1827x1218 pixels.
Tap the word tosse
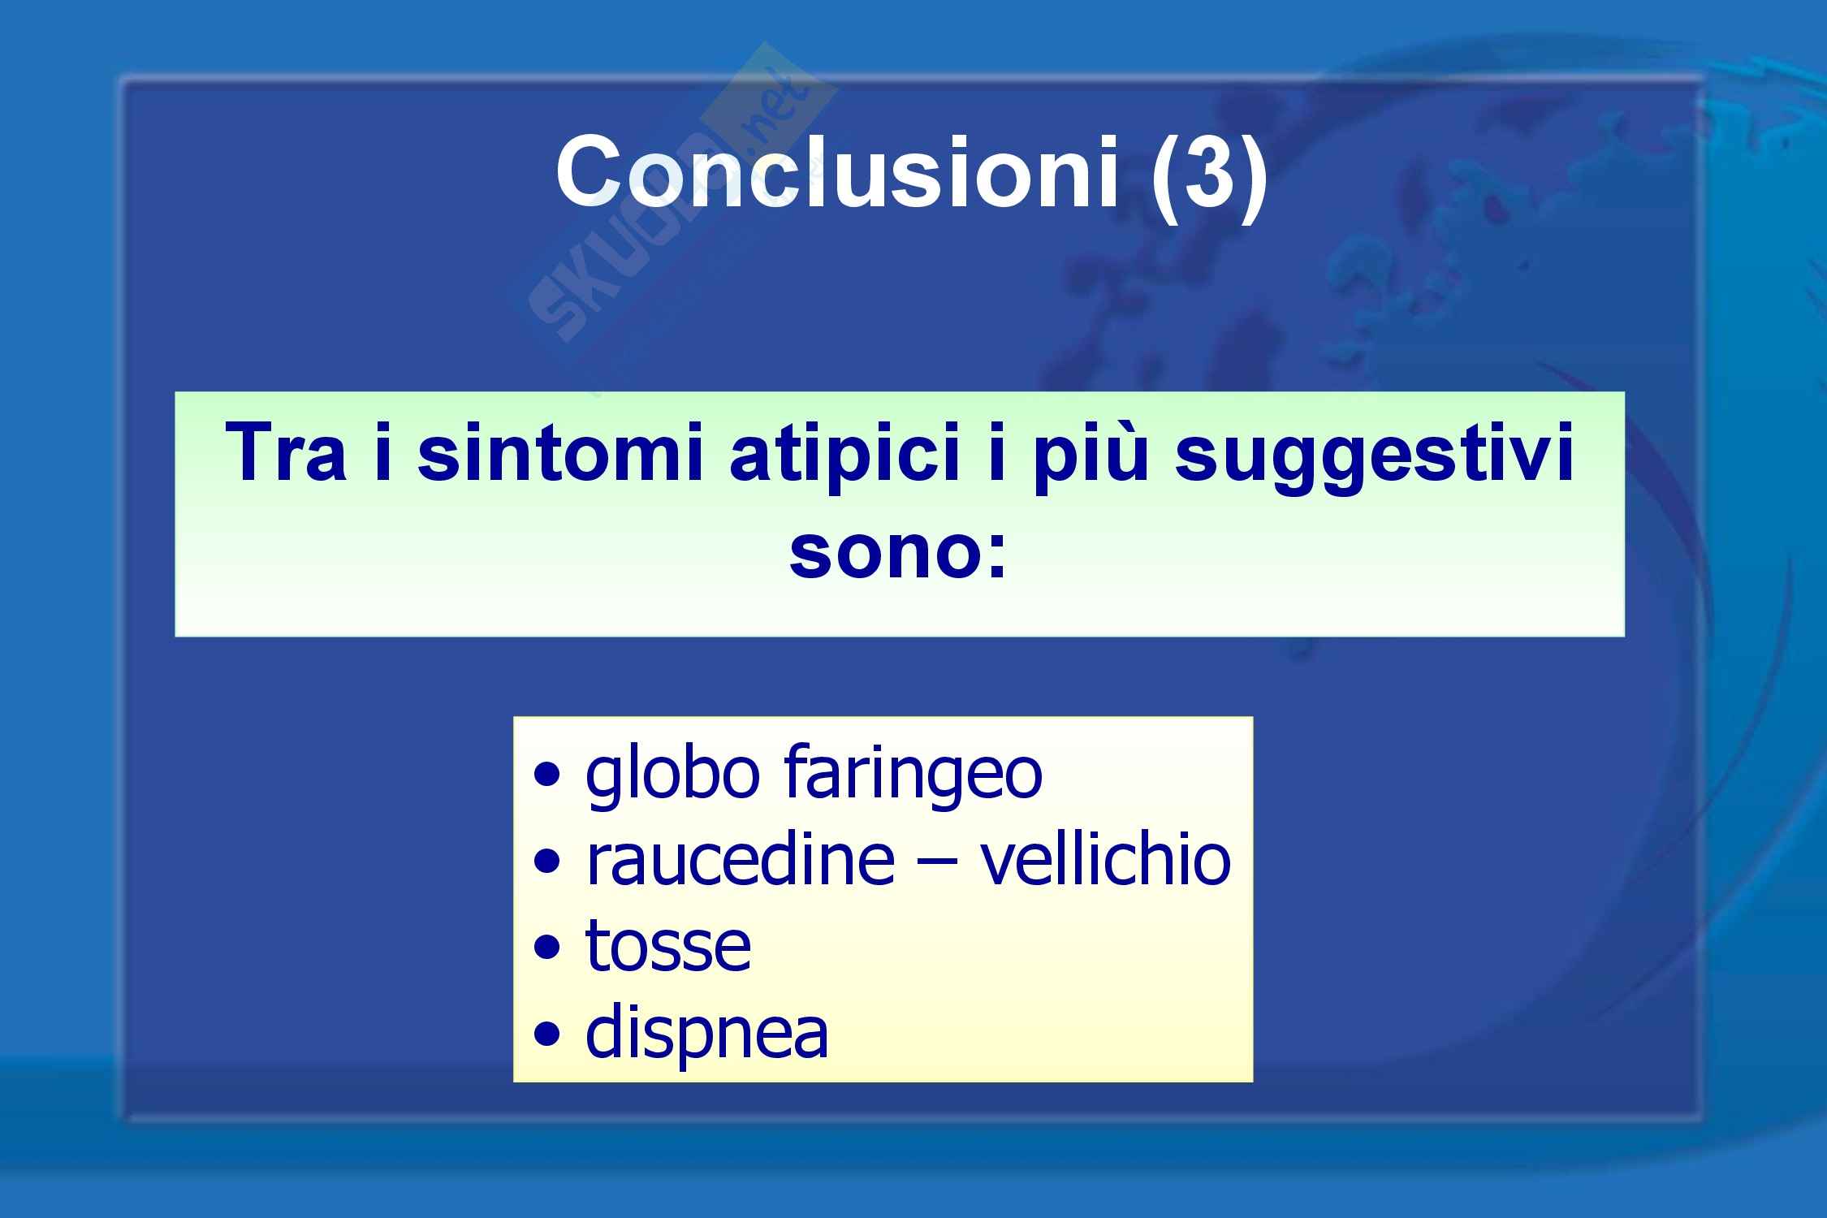pos(668,947)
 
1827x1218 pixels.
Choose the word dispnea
pos(706,1034)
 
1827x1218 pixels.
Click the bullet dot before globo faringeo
pos(548,775)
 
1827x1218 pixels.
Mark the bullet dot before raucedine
pos(548,862)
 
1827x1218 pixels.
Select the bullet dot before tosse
pos(548,948)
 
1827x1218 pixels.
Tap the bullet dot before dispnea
pos(548,1034)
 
